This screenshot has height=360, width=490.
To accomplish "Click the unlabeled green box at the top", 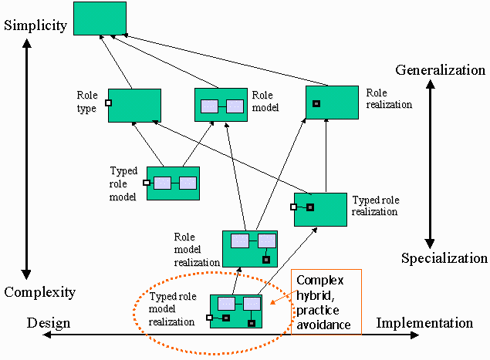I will (100, 19).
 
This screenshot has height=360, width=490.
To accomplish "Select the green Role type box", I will (134, 105).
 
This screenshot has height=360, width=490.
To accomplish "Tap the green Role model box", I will (221, 105).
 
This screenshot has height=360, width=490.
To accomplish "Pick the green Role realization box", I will (332, 102).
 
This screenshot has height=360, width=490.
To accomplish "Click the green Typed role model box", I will (173, 183).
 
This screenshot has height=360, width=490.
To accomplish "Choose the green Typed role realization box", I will (320, 209).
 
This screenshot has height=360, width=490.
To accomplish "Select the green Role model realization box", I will (249, 248).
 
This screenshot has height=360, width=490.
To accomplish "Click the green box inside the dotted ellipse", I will (236, 311).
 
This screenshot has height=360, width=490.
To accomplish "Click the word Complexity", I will (39, 292).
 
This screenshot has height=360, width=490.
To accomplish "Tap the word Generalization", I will (440, 70).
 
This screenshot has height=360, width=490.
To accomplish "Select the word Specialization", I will (444, 258).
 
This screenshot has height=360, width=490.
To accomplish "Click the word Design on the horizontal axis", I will (49, 323).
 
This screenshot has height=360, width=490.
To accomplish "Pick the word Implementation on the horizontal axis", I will (424, 323).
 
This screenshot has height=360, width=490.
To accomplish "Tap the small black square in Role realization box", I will (316, 103).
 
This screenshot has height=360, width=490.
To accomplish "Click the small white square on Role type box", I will (109, 103).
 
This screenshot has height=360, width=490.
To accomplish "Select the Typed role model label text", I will (123, 183).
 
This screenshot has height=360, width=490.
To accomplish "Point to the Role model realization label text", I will (195, 249).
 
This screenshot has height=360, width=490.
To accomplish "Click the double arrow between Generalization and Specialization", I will (431, 164).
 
